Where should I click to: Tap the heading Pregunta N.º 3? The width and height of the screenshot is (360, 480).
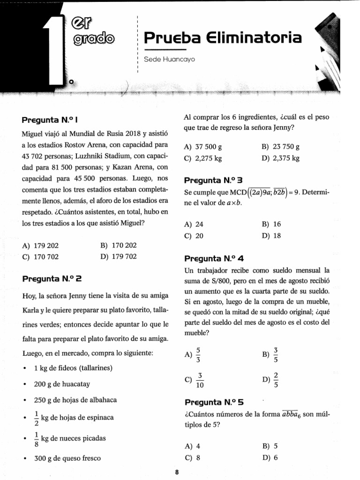point(213,180)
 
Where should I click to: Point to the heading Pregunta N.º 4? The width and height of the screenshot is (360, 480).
point(214,258)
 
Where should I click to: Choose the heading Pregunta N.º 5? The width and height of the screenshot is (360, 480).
point(214,402)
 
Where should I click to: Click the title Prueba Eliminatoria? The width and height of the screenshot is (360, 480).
point(223,37)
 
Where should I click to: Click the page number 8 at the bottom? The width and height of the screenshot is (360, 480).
point(177,472)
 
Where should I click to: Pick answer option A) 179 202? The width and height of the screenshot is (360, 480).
point(40,245)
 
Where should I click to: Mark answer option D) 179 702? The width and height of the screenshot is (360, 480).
point(119,256)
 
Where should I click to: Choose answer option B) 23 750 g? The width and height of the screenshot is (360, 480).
point(280,147)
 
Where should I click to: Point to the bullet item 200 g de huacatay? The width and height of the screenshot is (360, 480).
point(62,384)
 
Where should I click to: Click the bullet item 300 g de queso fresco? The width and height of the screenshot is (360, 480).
point(67,458)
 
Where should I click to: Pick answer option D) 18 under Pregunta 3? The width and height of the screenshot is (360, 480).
point(271,235)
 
